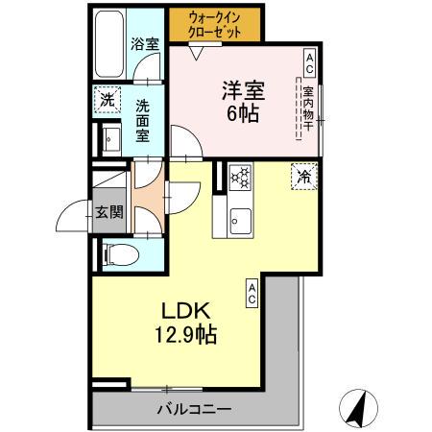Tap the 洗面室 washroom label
(142, 120)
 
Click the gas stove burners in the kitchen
(240, 177)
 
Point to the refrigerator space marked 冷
(303, 177)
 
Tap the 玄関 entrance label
(108, 213)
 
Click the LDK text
(180, 312)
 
